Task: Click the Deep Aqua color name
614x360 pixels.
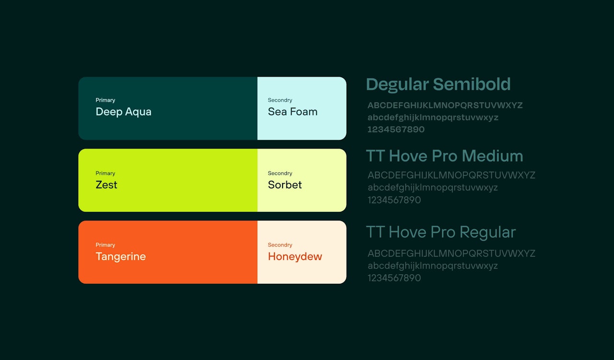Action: tap(123, 112)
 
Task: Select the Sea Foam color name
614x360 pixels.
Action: tap(293, 112)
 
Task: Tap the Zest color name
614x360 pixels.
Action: tap(106, 185)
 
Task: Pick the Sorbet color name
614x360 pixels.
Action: tap(285, 185)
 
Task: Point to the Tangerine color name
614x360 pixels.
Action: tap(120, 257)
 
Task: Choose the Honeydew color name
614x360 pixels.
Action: tap(295, 256)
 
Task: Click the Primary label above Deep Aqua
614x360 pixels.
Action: tap(105, 100)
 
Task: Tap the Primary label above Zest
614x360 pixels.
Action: tap(105, 173)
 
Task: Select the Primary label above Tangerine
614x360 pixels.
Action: tap(105, 245)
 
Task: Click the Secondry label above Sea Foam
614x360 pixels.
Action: tap(280, 100)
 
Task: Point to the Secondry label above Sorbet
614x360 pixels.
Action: tap(280, 173)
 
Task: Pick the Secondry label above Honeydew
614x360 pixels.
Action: tap(280, 245)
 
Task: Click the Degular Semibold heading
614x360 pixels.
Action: tap(438, 84)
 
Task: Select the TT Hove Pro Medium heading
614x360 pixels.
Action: tap(445, 156)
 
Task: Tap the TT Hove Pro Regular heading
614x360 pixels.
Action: tap(441, 232)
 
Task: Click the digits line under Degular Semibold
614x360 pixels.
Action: tap(396, 129)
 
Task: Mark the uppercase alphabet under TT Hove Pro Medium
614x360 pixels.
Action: tap(451, 175)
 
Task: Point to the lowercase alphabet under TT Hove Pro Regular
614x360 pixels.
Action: tap(433, 266)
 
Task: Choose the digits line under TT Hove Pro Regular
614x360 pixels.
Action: tap(394, 278)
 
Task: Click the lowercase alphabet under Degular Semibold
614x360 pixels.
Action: tap(433, 117)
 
